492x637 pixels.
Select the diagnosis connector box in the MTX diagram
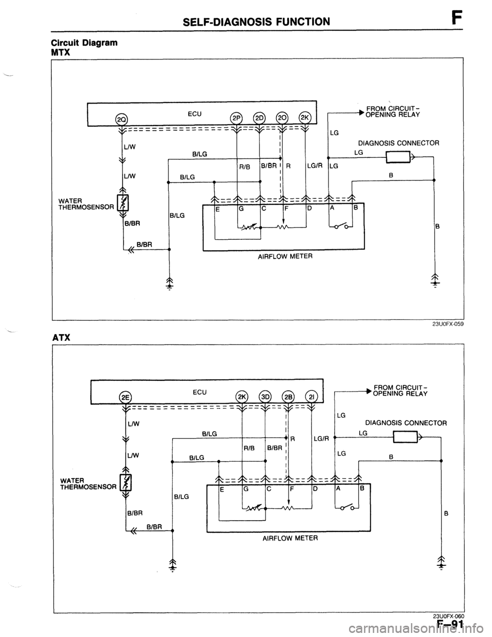pyautogui.click(x=398, y=157)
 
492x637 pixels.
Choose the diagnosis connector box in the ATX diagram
pyautogui.click(x=405, y=437)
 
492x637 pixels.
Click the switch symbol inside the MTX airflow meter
pyautogui.click(x=340, y=225)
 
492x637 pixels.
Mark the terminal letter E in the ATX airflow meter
pyautogui.click(x=222, y=489)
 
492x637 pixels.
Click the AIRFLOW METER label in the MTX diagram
pyautogui.click(x=285, y=257)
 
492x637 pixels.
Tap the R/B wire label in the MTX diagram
pyautogui.click(x=244, y=168)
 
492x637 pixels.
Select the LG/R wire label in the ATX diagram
pyautogui.click(x=321, y=439)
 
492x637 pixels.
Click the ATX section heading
pyautogui.click(x=61, y=337)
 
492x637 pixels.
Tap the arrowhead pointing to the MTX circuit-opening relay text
pyautogui.click(x=363, y=112)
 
